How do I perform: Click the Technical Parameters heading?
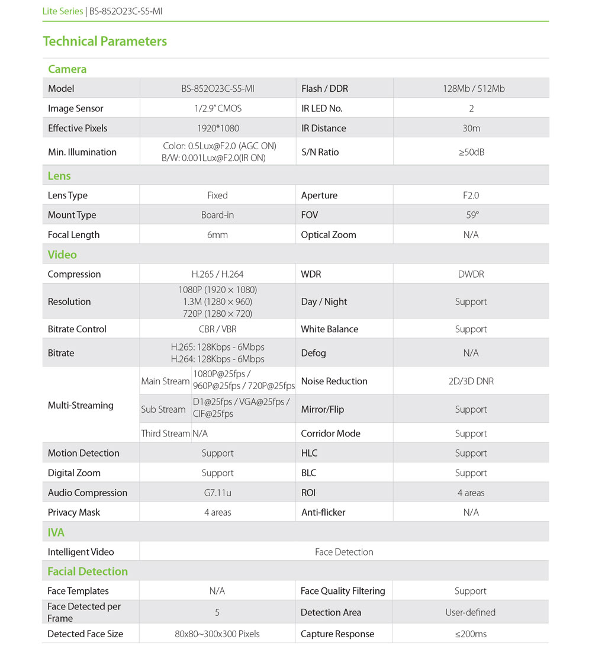[x=105, y=41]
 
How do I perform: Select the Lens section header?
[x=59, y=176]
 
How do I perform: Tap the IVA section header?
[x=56, y=532]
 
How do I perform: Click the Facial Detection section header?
[x=88, y=571]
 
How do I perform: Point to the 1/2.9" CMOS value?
[x=217, y=108]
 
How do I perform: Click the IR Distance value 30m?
[x=471, y=128]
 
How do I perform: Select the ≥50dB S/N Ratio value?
[x=471, y=152]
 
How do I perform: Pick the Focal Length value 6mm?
[x=217, y=234]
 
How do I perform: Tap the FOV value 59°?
[x=471, y=215]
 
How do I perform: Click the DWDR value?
[x=471, y=274]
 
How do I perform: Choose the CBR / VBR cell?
[x=217, y=329]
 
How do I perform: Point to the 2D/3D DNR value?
[x=471, y=381]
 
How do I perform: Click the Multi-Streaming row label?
[x=81, y=406]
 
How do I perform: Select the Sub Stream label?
[x=163, y=409]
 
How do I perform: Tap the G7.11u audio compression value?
[x=217, y=493]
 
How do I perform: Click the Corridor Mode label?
[x=330, y=433]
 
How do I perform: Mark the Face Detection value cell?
[x=344, y=552]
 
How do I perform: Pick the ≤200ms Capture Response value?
[x=471, y=634]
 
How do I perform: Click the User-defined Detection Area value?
[x=471, y=612]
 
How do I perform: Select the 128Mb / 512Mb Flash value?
[x=471, y=89]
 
